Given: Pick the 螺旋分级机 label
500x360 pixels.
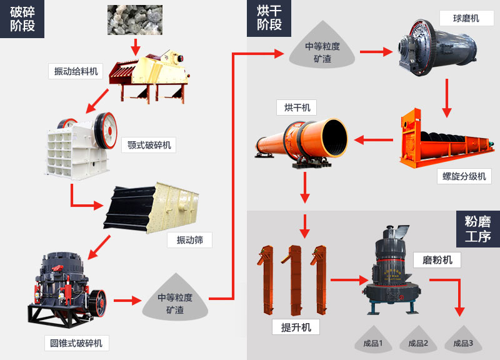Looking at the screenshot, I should tap(464, 176).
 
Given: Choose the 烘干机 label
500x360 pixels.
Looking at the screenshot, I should tap(297, 107).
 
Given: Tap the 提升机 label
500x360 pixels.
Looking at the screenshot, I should tap(296, 327).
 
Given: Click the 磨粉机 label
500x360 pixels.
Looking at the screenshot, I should tap(437, 259).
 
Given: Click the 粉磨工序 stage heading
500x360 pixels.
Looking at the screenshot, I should tap(477, 228).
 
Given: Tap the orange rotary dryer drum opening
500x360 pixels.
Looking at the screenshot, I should tap(334, 136).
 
